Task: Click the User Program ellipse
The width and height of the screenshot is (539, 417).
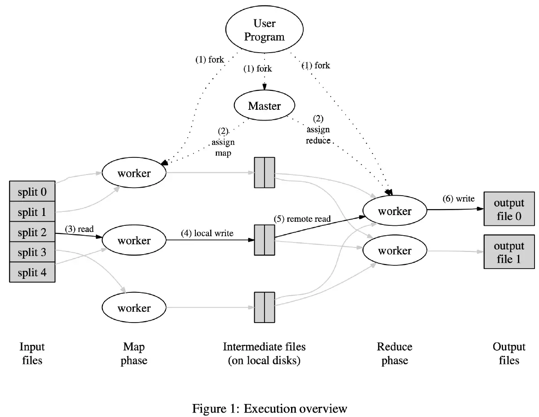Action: [264, 30]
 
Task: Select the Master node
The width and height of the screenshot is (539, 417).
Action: [264, 106]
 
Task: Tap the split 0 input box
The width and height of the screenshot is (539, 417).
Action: [32, 192]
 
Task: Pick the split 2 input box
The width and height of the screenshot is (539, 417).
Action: [32, 233]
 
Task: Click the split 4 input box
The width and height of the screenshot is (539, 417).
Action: [32, 273]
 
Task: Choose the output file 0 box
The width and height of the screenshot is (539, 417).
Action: [509, 210]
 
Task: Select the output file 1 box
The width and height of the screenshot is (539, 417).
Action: [509, 252]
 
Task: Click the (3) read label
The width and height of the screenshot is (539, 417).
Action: [80, 229]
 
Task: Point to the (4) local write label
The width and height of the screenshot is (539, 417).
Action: [207, 233]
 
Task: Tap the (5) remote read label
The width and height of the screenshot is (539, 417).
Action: [302, 219]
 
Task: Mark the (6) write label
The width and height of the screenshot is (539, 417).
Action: [459, 199]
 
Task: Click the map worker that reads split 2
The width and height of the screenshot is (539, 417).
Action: [134, 241]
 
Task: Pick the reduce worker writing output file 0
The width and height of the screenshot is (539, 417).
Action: [394, 211]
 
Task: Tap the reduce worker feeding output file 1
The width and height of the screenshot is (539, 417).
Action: [394, 251]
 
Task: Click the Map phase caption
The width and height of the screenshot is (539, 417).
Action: [134, 354]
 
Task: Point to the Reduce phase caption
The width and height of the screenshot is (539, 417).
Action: [394, 354]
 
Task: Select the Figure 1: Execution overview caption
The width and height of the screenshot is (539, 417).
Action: [269, 408]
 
